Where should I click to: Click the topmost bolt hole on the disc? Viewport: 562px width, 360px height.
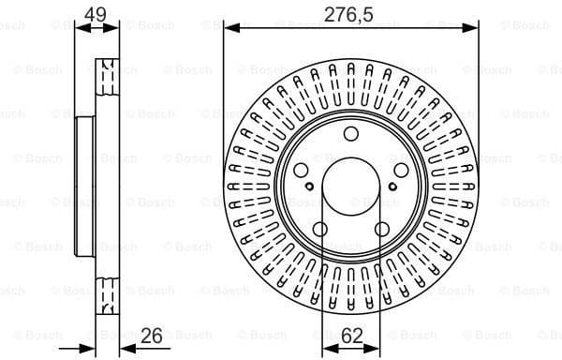350,134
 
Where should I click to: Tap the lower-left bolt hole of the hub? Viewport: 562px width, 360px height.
320,229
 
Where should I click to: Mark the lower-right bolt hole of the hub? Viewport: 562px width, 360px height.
381,229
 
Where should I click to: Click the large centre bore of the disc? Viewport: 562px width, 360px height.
350,187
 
